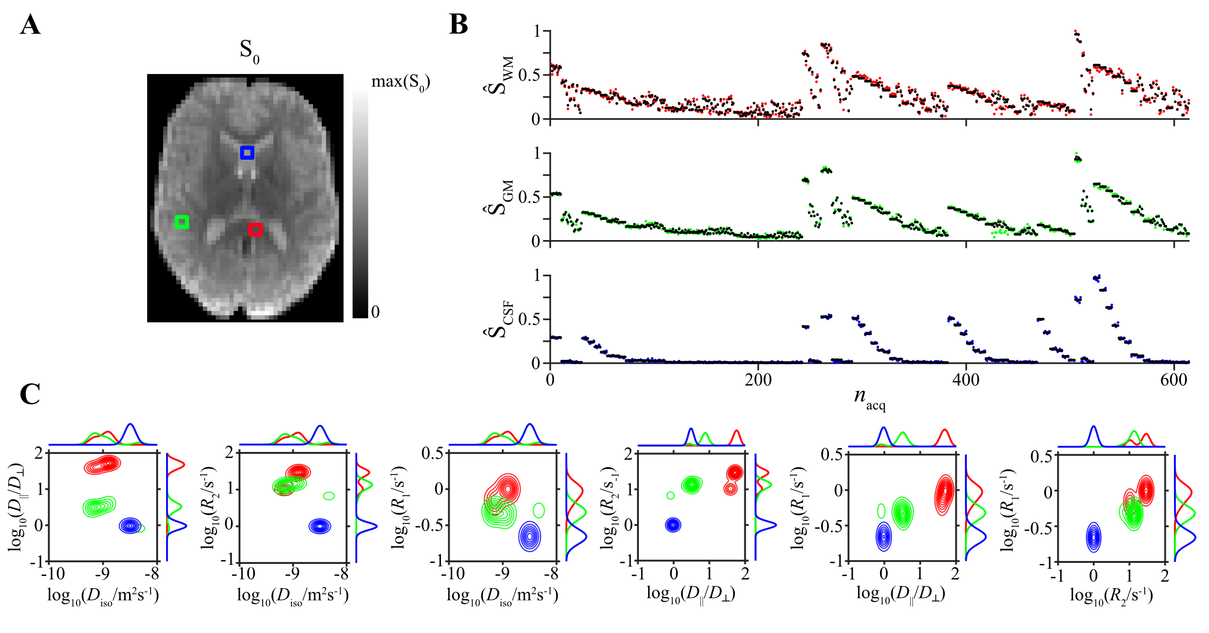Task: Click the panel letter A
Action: coord(30,25)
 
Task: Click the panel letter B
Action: coord(459,24)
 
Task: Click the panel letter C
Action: coord(30,394)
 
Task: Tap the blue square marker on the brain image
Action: coord(247,153)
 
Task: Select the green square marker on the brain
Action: coord(182,222)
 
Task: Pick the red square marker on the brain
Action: coord(255,229)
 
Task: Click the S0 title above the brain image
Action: coord(249,51)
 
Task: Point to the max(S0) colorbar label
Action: coord(400,82)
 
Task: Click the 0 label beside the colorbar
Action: coord(375,312)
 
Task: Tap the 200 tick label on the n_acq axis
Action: coord(758,380)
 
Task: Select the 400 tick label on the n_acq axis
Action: coord(965,380)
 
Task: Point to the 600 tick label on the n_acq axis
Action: coord(1173,380)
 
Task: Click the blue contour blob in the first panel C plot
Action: coord(130,526)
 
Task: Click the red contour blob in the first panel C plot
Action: coord(102,465)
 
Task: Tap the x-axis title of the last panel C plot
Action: coord(1111,595)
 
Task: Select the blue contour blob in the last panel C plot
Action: coord(1094,538)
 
